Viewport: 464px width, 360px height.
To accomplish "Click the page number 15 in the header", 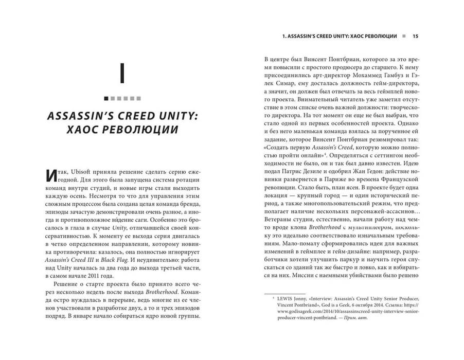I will (x=415, y=37).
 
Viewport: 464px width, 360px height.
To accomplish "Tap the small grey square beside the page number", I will (x=404, y=37).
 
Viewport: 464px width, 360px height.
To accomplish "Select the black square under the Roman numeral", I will (x=106, y=98).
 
